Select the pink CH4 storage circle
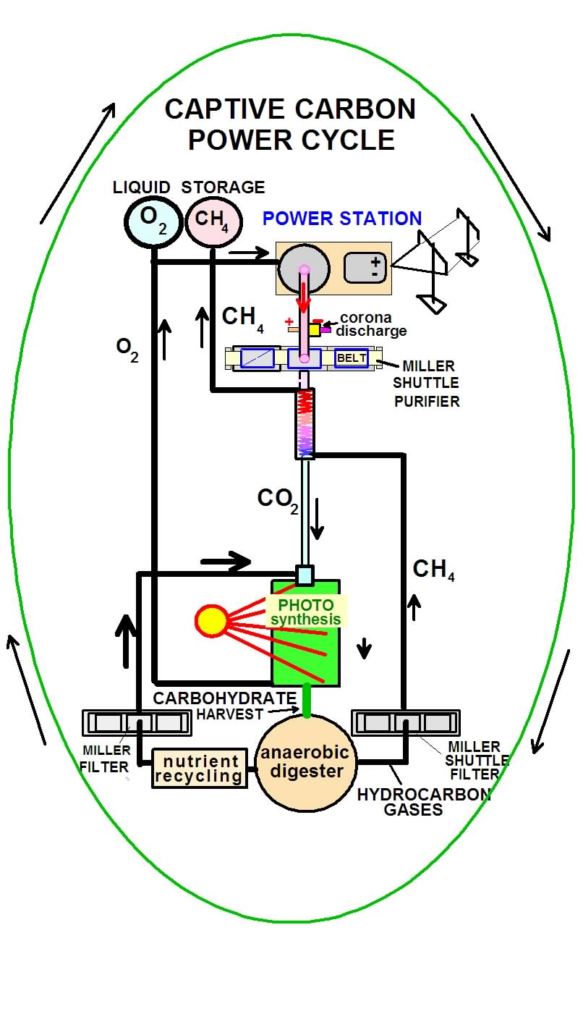pos(210,220)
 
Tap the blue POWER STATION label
pos(341,219)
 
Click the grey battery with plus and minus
pos(365,269)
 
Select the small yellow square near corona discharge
pos(314,330)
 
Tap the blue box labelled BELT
pos(352,358)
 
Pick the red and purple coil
pos(305,423)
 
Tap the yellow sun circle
pos(212,621)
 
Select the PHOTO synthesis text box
pos(305,612)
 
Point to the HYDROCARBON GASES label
pos(423,802)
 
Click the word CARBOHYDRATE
pos(225,698)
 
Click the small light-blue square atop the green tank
pos(305,575)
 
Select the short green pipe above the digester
pos(307,701)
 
